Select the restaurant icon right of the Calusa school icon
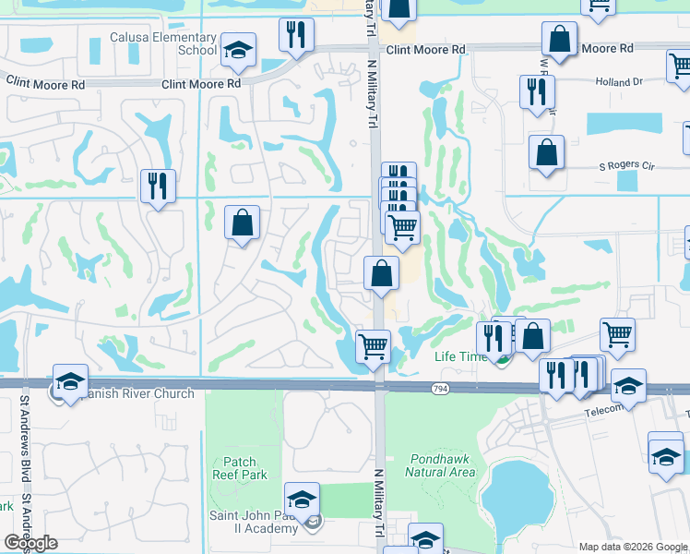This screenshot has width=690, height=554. coord(295,36)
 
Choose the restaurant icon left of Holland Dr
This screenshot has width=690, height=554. coord(536,91)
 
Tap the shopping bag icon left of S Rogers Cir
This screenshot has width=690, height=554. coord(546,152)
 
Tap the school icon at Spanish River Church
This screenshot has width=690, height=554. coord(70,381)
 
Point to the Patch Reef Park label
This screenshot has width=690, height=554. coord(244,468)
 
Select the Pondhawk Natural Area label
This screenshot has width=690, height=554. coord(440,464)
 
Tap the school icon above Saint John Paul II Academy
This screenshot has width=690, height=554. coord(302,500)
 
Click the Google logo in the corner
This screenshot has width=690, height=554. coord(30,542)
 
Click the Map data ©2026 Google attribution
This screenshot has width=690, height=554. coord(631,547)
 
